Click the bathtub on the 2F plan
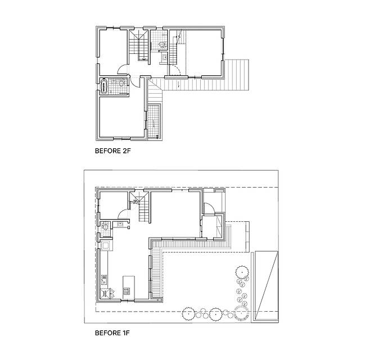click(x=104, y=86)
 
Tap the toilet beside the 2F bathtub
click(x=122, y=83)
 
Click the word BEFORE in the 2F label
click(x=107, y=151)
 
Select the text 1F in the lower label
click(x=125, y=333)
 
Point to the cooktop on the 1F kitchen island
click(x=127, y=290)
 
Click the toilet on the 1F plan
click(x=105, y=227)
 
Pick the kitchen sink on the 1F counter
click(x=104, y=280)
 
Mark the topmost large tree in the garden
click(x=242, y=272)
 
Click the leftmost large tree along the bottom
click(x=188, y=314)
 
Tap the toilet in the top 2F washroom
click(x=162, y=44)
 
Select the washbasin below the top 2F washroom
click(x=164, y=57)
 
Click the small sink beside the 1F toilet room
click(x=120, y=224)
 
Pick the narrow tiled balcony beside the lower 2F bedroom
click(x=154, y=121)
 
